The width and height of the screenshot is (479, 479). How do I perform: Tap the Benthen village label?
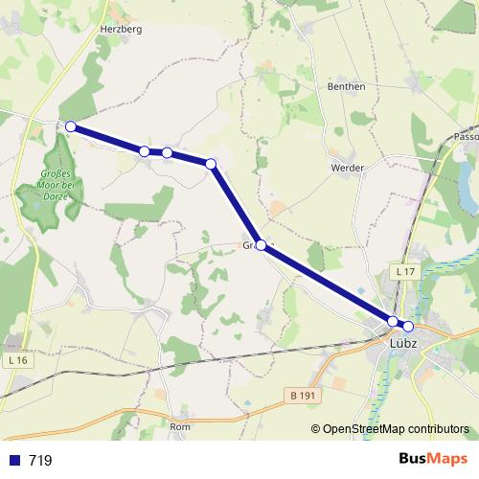[x=347, y=86]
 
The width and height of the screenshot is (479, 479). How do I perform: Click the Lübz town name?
[x=401, y=340]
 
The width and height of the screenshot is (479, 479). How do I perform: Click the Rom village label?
[x=180, y=426]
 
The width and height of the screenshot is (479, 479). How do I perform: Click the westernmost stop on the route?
[x=70, y=125]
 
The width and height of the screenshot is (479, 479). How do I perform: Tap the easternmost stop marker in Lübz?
[x=408, y=326]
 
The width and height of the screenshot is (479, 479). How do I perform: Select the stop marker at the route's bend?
[x=211, y=164]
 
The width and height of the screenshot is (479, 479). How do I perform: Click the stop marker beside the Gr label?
[x=261, y=245]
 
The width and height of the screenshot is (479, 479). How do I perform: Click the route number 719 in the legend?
[x=40, y=460]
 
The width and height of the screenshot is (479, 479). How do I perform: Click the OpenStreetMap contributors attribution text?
[x=396, y=428]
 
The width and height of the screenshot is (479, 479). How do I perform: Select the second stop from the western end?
[x=144, y=150]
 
